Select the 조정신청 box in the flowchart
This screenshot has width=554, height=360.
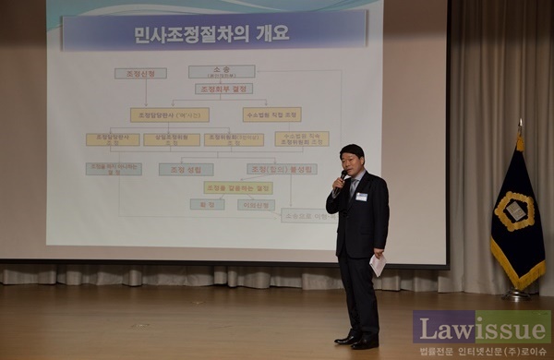click(x=140, y=73)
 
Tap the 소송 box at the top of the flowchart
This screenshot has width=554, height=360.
click(x=222, y=71)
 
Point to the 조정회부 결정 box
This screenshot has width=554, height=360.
click(x=223, y=90)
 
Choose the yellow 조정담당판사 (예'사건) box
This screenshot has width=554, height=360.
click(x=169, y=115)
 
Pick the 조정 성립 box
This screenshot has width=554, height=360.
click(x=186, y=170)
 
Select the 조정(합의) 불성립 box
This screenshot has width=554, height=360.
click(x=282, y=170)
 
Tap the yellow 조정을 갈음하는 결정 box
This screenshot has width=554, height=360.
click(x=237, y=187)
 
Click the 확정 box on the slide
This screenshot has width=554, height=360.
click(x=207, y=204)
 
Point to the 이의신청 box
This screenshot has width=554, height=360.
click(x=256, y=204)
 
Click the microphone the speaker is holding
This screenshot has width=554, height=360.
click(x=343, y=175)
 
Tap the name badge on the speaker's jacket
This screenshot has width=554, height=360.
click(x=362, y=197)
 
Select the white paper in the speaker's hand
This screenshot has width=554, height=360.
click(x=377, y=265)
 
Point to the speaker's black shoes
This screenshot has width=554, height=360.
click(x=356, y=342)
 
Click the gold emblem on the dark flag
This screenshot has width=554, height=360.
click(x=514, y=211)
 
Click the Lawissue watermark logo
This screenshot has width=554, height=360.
click(x=481, y=328)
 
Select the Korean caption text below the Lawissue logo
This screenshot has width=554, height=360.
click(x=481, y=352)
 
